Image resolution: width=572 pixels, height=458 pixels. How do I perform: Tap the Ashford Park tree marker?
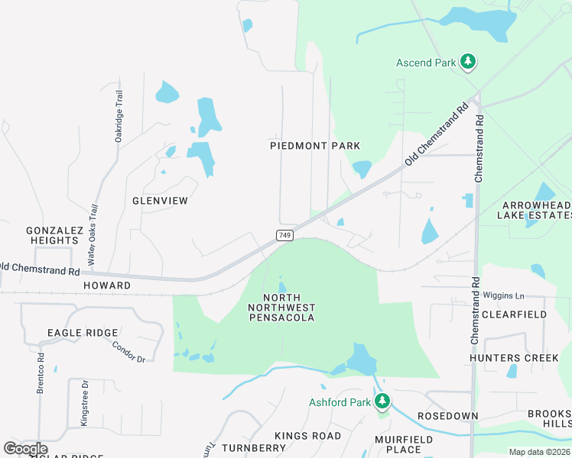pyautogui.click(x=382, y=402)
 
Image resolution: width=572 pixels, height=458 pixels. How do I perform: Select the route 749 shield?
pyautogui.click(x=284, y=236)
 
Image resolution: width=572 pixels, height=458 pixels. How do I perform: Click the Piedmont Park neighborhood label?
pyautogui.click(x=315, y=145)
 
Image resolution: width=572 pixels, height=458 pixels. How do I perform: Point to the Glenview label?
pyautogui.click(x=160, y=201)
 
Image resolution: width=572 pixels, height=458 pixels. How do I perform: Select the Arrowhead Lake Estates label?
pyautogui.click(x=536, y=211)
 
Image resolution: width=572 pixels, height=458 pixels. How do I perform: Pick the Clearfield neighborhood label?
pyautogui.click(x=514, y=314)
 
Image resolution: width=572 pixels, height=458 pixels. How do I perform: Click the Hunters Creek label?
pyautogui.click(x=509, y=357)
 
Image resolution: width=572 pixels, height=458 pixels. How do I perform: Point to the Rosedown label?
pyautogui.click(x=448, y=416)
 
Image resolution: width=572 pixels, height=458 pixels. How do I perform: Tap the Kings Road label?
pyautogui.click(x=308, y=435)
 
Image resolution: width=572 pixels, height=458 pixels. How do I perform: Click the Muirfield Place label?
pyautogui.click(x=404, y=445)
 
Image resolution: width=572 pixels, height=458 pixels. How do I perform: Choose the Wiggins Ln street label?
pyautogui.click(x=503, y=295)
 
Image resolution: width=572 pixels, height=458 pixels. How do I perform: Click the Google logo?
pyautogui.click(x=25, y=449)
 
